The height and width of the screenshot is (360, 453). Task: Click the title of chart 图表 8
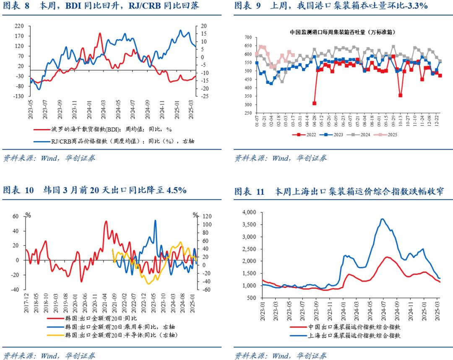point(101,6)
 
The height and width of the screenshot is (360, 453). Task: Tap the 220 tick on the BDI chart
point(19,26)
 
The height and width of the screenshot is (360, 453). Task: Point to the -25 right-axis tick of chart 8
point(204,96)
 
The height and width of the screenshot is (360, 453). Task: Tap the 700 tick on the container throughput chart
point(247,38)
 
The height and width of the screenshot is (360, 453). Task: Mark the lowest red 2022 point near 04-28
point(314,103)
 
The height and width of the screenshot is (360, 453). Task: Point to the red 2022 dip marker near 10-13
point(400,96)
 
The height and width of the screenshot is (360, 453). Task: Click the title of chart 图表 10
point(95,190)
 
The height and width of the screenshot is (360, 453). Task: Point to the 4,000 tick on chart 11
point(250,212)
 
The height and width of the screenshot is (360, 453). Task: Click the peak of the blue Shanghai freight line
point(382,219)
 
